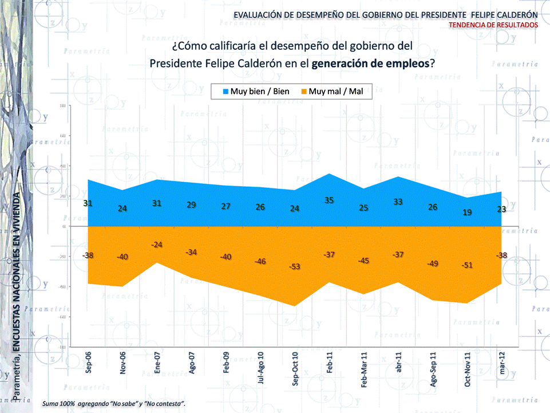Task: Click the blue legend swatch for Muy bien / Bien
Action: click(x=225, y=92)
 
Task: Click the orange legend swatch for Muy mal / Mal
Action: click(x=304, y=92)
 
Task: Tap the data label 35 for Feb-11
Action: click(x=329, y=200)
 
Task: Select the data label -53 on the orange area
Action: click(x=295, y=267)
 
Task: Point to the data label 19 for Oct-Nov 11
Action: click(x=467, y=212)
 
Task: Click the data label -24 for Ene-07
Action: click(x=157, y=245)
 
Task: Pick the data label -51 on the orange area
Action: click(x=467, y=265)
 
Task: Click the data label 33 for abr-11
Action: click(x=398, y=202)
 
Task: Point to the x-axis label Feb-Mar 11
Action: click(x=363, y=371)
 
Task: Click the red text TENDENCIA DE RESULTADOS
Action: click(x=493, y=25)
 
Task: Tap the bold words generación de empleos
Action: click(x=370, y=63)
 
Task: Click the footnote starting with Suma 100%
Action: click(x=113, y=404)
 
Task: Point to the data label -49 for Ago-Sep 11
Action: click(x=433, y=263)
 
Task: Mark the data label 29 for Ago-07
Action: click(x=191, y=205)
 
